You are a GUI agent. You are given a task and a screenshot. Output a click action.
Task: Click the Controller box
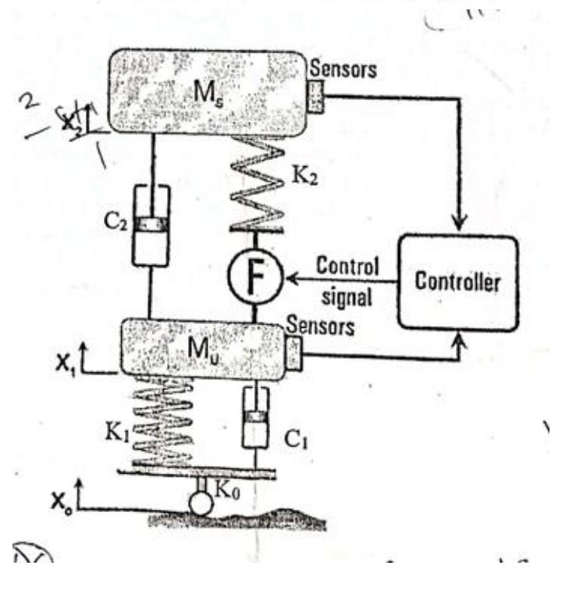coord(458,280)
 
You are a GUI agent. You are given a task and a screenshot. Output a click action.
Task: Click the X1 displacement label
coord(73,362)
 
